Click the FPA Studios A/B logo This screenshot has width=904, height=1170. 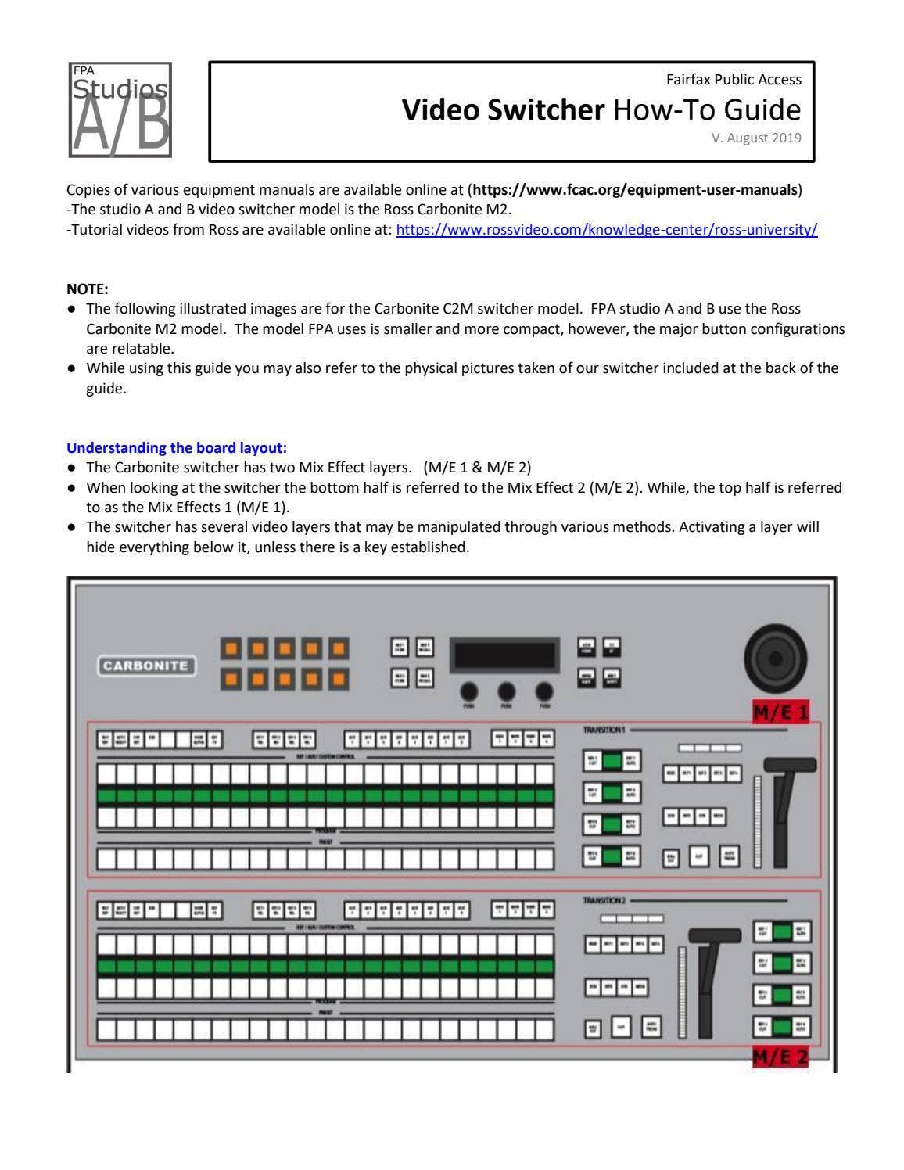click(x=120, y=110)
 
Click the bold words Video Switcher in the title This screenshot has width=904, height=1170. click(x=503, y=110)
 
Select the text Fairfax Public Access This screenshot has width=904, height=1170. click(x=733, y=80)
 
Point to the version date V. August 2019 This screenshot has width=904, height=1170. click(x=755, y=138)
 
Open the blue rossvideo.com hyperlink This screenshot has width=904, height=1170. click(x=607, y=230)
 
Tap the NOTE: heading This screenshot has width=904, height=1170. click(x=88, y=289)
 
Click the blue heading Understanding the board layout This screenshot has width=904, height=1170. click(x=177, y=448)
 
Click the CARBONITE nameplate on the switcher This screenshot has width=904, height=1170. click(x=146, y=666)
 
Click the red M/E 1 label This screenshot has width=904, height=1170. click(x=780, y=712)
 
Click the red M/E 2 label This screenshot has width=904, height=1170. click(x=780, y=1057)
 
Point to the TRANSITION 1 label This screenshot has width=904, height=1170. click(x=604, y=730)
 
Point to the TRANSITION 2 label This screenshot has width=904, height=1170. click(x=604, y=901)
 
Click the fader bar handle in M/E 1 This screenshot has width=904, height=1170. click(x=790, y=765)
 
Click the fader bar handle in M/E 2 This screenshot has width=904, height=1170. click(x=714, y=935)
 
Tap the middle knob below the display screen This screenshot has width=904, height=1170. click(x=506, y=691)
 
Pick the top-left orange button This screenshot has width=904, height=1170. click(x=231, y=648)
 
